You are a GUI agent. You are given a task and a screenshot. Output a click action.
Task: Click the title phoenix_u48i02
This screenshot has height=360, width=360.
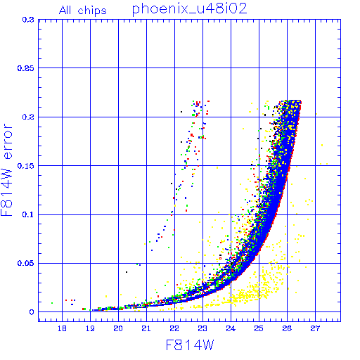point(189,9)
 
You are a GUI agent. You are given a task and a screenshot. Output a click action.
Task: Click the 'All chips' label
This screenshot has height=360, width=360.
point(83,11)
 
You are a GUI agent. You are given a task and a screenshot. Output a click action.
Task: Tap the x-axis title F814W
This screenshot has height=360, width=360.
point(190,345)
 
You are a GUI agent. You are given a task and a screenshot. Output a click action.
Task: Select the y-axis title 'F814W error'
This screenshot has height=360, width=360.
point(6,170)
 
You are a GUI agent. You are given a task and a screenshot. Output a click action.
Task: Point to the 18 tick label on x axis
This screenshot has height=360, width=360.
point(62,328)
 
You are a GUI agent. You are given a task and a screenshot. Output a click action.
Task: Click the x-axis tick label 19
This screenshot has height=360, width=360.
point(90,328)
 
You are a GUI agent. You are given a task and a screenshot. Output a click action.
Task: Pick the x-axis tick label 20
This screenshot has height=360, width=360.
point(118,328)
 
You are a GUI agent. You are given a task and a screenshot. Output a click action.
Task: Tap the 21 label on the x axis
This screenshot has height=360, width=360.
point(146,328)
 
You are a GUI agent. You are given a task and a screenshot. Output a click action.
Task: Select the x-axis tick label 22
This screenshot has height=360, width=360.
point(174,328)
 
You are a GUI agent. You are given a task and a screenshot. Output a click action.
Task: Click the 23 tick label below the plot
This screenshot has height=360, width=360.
point(202,328)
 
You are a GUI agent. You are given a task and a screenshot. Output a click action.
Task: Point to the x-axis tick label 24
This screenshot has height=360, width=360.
point(231,328)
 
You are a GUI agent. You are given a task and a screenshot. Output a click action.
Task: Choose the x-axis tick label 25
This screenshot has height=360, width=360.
point(259,328)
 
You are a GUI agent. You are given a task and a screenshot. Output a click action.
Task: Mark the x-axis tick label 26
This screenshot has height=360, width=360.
point(287,328)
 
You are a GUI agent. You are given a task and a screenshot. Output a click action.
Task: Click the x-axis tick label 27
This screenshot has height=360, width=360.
point(315,328)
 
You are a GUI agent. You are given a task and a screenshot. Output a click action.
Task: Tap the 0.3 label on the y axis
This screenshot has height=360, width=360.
point(28,20)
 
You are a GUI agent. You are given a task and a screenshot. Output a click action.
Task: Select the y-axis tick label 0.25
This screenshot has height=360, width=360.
point(26,68)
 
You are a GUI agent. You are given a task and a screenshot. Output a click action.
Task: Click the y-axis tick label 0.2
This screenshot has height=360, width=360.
point(28,117)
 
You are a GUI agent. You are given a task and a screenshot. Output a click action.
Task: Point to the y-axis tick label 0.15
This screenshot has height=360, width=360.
point(26,166)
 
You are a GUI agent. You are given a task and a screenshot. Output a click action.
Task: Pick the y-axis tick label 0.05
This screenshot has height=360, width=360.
point(26,263)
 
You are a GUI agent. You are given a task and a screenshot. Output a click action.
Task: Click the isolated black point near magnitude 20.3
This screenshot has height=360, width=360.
point(127,272)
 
